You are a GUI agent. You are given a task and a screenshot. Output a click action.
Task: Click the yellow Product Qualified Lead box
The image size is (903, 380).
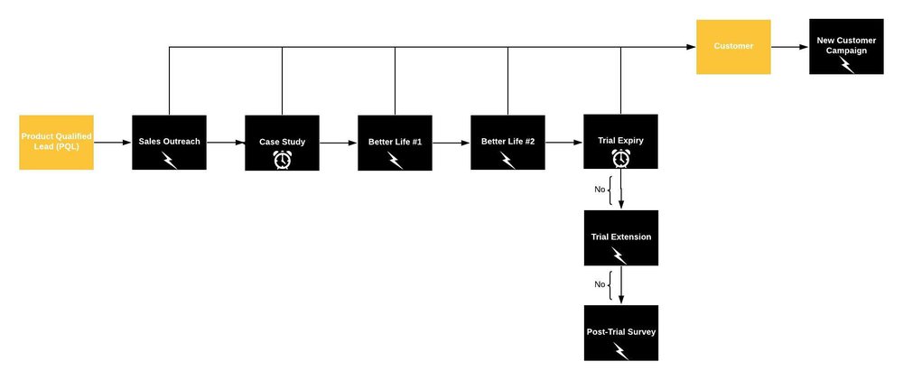(x=56, y=142)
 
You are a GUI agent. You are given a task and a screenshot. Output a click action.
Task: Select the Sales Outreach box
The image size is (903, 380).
(x=169, y=143)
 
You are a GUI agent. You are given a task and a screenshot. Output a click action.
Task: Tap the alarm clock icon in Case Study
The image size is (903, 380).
(x=282, y=159)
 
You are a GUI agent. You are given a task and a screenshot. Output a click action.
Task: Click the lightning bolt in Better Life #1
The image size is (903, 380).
(x=395, y=160)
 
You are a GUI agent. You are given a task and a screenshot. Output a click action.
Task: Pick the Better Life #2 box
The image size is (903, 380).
(x=507, y=143)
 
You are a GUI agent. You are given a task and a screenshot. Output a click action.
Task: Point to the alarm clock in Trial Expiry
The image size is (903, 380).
(x=620, y=158)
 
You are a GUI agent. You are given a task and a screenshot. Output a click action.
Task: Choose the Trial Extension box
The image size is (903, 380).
(x=620, y=237)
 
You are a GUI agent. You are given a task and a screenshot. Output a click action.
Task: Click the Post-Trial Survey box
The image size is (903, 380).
(x=620, y=333)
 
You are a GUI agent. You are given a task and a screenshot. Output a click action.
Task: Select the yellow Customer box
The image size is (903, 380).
(x=733, y=46)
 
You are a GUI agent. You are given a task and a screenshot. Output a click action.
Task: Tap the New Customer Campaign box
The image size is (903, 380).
(x=846, y=46)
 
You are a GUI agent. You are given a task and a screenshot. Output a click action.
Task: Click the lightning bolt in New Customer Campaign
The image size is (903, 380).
(x=847, y=65)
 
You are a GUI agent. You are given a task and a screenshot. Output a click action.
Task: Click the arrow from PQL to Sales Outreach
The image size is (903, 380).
(x=113, y=143)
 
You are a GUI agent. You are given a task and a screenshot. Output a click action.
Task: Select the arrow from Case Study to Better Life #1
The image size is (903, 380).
(x=339, y=143)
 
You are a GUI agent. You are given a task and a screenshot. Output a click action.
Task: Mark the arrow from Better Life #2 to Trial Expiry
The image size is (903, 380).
(x=564, y=143)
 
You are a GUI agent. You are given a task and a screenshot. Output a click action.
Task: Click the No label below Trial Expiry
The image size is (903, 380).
(x=600, y=190)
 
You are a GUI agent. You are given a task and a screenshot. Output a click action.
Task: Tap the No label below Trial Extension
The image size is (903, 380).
(x=600, y=285)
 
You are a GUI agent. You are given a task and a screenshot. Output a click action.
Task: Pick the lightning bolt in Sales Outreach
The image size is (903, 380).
(x=169, y=160)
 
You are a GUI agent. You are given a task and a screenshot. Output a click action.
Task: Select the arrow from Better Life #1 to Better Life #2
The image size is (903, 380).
(x=451, y=143)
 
